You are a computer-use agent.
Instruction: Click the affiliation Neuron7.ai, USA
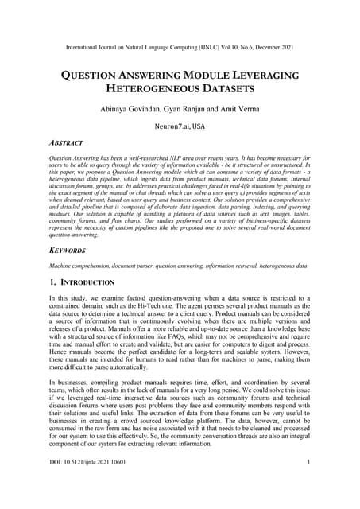(x=180, y=126)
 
